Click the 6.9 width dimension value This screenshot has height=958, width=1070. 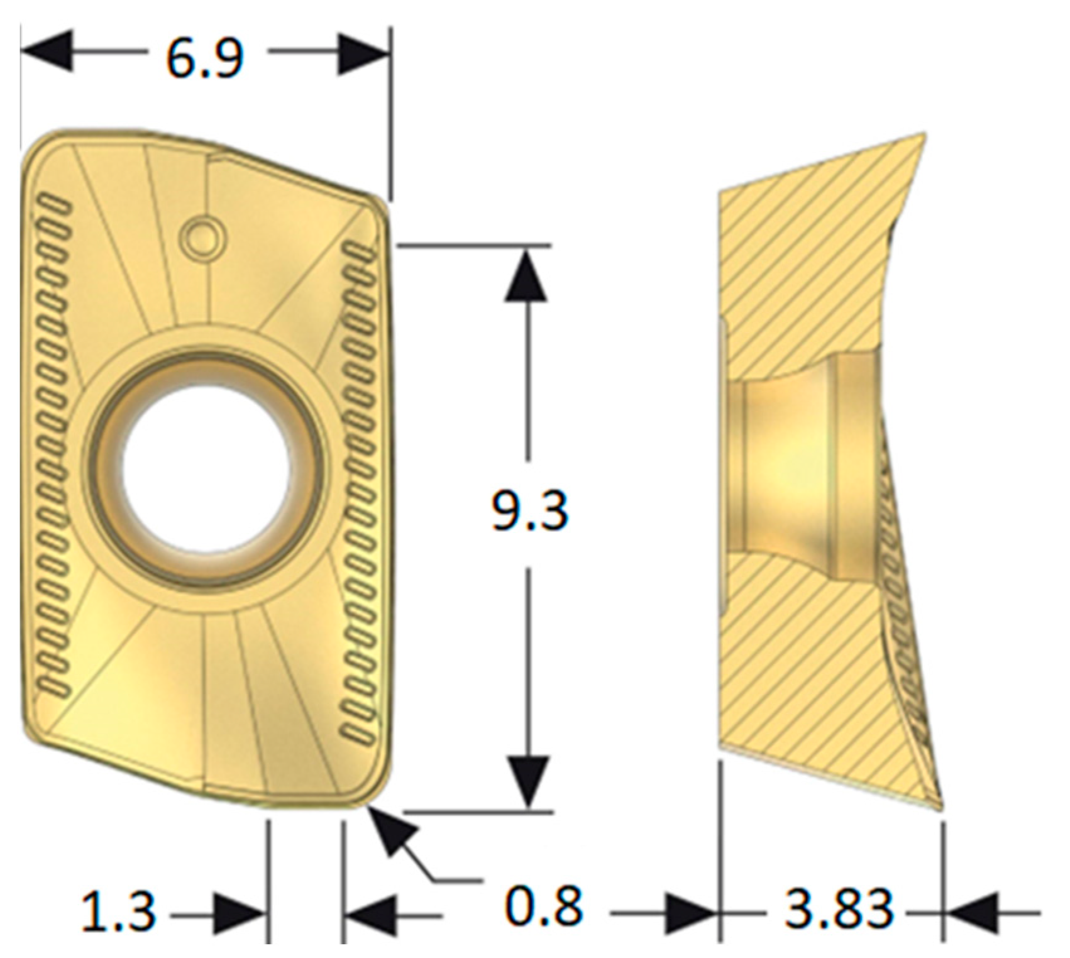204,60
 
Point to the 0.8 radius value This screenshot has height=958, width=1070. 544,907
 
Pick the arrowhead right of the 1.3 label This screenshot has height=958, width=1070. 238,913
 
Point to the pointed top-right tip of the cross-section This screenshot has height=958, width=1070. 923,135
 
